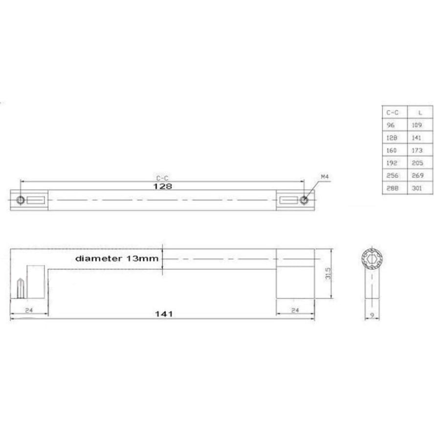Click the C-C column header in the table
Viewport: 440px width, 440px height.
(x=393, y=112)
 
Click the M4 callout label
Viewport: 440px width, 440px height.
(x=325, y=176)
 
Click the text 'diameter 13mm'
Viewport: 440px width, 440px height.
(x=117, y=258)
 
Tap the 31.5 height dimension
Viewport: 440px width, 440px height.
(x=329, y=274)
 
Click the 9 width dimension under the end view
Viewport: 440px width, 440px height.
(x=372, y=315)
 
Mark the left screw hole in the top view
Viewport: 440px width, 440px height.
(x=21, y=200)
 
